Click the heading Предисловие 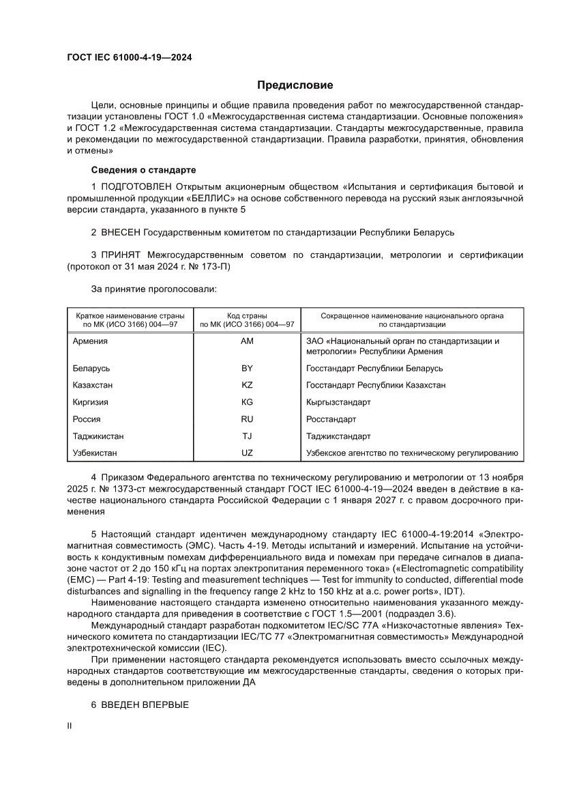point(295,85)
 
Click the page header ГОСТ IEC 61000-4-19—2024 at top point(129,58)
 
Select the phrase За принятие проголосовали point(153,289)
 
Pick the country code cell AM point(247,341)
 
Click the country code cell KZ point(247,385)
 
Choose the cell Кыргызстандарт point(339,402)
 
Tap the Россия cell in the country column point(87,419)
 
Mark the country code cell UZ point(247,453)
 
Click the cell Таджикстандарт point(339,436)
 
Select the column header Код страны point(247,315)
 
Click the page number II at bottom point(69,728)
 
